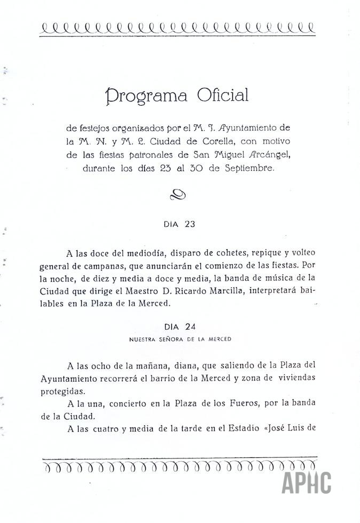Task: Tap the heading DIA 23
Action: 179,224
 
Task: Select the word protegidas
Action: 62,390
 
